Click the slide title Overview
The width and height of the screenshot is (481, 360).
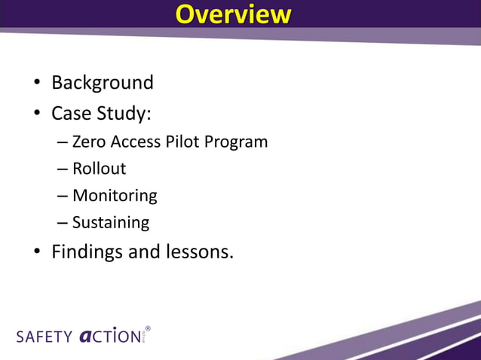coord(232,15)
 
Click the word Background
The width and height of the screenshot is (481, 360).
coord(102,82)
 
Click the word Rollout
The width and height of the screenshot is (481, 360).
coord(99,169)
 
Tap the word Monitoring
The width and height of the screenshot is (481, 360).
coord(115,196)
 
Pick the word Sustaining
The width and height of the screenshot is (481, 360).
coord(111,223)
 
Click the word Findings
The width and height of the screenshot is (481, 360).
coord(87,252)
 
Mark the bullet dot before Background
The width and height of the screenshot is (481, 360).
coord(36,83)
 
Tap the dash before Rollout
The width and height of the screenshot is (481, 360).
coord(62,169)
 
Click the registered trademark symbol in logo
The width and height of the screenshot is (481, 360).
coord(148,329)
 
